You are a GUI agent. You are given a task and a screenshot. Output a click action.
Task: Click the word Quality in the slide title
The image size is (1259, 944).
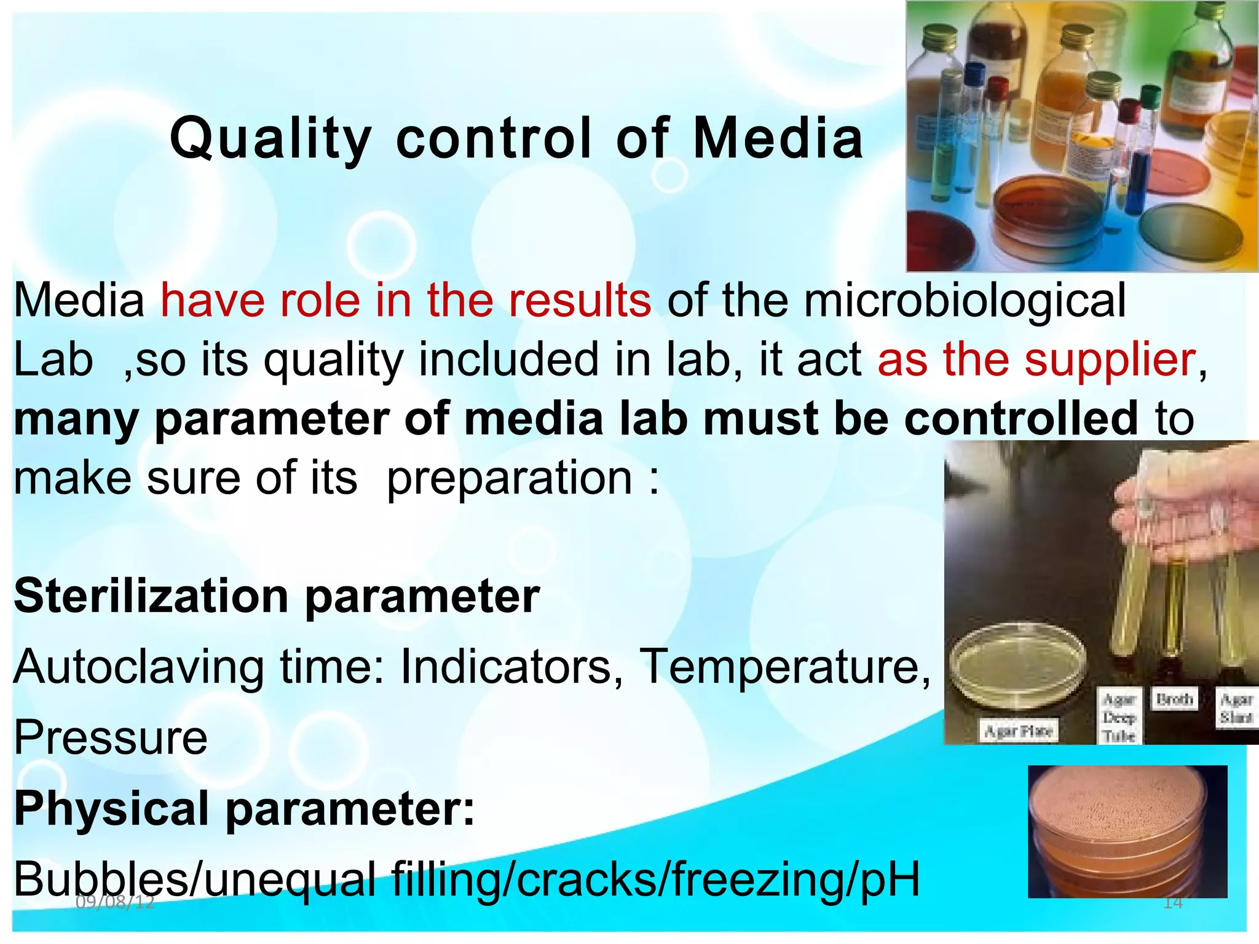click(x=270, y=139)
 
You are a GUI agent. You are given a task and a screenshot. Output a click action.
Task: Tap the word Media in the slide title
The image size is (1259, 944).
click(x=778, y=139)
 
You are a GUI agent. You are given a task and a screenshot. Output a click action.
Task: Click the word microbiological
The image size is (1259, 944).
click(x=965, y=301)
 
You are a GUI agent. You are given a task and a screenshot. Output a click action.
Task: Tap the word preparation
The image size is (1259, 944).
click(x=510, y=478)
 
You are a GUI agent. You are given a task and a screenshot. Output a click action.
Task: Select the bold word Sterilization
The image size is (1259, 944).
click(x=151, y=596)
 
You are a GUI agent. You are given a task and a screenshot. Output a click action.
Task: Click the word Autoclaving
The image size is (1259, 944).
click(x=138, y=667)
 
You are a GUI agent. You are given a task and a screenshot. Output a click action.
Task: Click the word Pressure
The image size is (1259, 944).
click(x=111, y=737)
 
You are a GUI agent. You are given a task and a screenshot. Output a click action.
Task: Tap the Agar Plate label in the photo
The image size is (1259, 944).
click(x=1019, y=731)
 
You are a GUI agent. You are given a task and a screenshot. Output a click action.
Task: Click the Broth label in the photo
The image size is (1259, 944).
click(x=1174, y=699)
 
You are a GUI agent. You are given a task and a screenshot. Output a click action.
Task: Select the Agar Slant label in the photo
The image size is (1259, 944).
click(x=1236, y=708)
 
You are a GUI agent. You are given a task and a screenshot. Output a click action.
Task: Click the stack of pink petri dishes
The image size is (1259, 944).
click(x=1127, y=831)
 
